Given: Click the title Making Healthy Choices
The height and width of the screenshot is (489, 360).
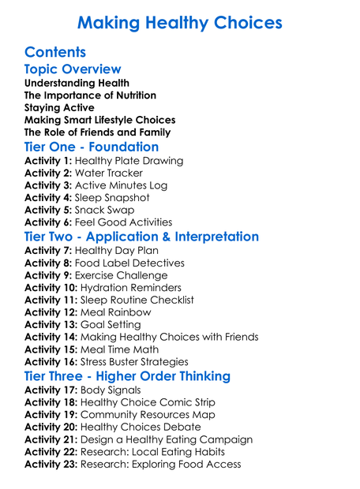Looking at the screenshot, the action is pyautogui.click(x=179, y=22).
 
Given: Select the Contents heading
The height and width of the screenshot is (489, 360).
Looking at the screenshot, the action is pyautogui.click(x=55, y=53).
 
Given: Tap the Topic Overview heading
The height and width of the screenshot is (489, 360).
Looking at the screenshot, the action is pyautogui.click(x=73, y=70).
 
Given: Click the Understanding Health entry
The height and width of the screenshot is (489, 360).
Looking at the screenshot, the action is pyautogui.click(x=77, y=84).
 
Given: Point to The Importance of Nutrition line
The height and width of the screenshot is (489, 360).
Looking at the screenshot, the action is pyautogui.click(x=90, y=95).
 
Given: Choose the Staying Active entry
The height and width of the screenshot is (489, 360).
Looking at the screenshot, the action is pyautogui.click(x=59, y=108).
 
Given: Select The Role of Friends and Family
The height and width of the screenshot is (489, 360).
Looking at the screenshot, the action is pyautogui.click(x=99, y=133).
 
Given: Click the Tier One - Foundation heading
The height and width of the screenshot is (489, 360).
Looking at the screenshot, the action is pyautogui.click(x=92, y=147).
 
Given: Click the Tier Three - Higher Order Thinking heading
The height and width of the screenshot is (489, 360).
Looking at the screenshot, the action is pyautogui.click(x=127, y=376).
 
